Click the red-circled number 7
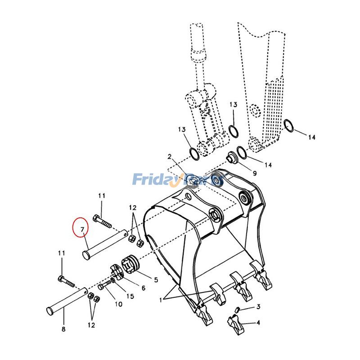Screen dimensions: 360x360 pos(81,230)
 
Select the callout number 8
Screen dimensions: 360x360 pos(63,329)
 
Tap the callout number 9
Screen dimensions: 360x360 pos(254,173)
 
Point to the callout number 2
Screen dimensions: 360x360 pos(170,157)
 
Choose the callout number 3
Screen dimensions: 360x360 pos(258,306)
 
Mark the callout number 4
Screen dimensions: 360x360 pos(258,322)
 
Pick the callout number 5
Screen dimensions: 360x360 pos(156,280)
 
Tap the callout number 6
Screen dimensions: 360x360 pos(143,288)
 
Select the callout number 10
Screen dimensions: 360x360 pos(118,304)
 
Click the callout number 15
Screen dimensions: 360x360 pos(130,296)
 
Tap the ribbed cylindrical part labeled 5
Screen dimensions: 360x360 pos(130,264)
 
